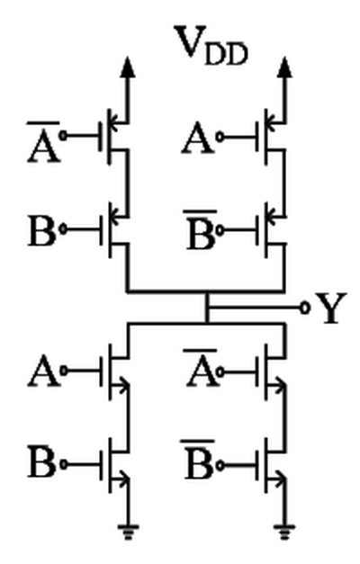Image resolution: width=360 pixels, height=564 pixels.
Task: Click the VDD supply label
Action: click(211, 45)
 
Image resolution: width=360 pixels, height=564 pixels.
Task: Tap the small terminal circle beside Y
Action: click(305, 308)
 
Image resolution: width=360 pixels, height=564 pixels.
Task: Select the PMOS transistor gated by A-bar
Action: click(113, 137)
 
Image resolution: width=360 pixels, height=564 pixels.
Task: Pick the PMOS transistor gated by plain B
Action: click(113, 229)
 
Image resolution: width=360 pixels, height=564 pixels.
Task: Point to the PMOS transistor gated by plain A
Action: click(271, 137)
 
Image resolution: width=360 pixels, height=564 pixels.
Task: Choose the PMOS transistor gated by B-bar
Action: click(271, 229)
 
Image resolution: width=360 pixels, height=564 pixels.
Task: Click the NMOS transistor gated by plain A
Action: click(113, 372)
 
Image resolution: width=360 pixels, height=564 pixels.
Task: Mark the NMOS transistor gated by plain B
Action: click(113, 465)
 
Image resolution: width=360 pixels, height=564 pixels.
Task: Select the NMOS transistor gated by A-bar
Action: click(271, 372)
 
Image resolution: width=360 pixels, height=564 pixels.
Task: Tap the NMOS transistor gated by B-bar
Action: click(271, 465)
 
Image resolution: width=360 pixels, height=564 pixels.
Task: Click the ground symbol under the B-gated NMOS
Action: click(128, 532)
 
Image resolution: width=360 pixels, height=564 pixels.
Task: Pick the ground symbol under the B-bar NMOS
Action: click(284, 532)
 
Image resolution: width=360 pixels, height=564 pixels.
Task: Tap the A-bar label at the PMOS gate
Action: click(43, 142)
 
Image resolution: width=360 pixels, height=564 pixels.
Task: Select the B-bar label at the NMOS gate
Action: click(200, 460)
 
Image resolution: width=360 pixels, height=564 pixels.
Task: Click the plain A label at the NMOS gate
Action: click(43, 372)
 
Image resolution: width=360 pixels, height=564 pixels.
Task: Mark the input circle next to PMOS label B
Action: click(63, 229)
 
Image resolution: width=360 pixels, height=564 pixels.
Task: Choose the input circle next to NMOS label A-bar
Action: click(220, 372)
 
